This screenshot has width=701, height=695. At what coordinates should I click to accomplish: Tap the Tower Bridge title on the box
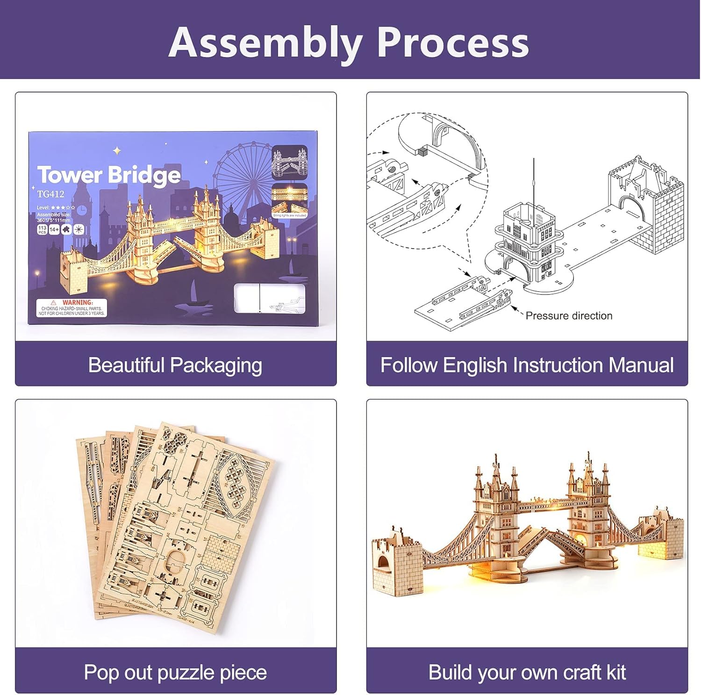pyautogui.click(x=109, y=175)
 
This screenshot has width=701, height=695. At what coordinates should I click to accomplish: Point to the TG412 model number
pyautogui.click(x=50, y=194)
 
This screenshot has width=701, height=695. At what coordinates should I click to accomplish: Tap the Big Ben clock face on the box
pyautogui.click(x=82, y=210)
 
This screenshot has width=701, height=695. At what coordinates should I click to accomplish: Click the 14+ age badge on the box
pyautogui.click(x=54, y=229)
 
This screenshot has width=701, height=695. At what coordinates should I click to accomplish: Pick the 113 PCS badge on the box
pyautogui.click(x=42, y=229)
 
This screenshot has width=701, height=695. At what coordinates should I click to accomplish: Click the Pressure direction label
pyautogui.click(x=568, y=316)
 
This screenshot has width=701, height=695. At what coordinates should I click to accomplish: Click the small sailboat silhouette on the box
pyautogui.click(x=193, y=292)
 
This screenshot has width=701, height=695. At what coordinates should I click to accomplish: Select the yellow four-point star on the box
pyautogui.click(x=117, y=150)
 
